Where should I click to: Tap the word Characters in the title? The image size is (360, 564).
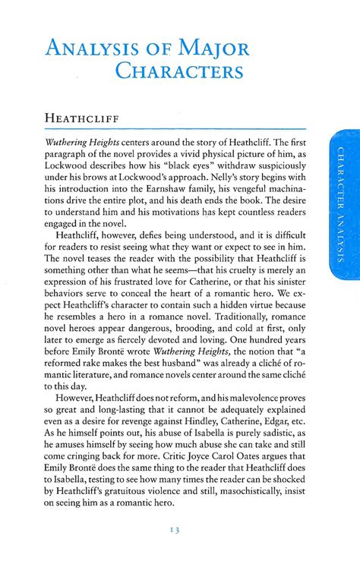point(179,72)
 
